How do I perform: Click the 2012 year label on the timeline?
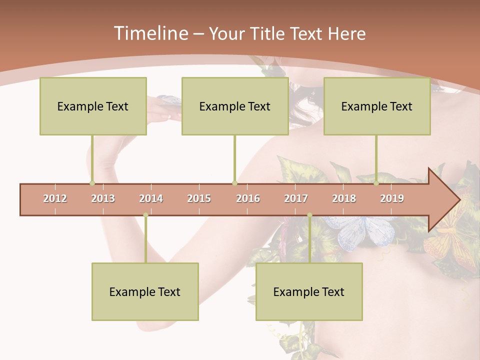[55, 198]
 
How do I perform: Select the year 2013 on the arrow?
[103, 198]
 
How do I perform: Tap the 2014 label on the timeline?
[151, 198]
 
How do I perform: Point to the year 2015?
[199, 198]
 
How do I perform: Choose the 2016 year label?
[248, 198]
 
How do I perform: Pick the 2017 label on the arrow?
[296, 198]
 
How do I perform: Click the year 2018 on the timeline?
[344, 198]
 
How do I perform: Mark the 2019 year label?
[392, 198]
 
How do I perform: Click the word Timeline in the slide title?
[150, 33]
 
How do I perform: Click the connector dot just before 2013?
[92, 183]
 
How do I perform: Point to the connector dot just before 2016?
[234, 183]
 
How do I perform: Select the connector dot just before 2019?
[376, 183]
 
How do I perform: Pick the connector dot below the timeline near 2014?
[145, 215]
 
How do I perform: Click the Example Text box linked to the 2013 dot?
[93, 106]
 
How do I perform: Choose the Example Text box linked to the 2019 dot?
[377, 106]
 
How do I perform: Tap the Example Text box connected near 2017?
[309, 291]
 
